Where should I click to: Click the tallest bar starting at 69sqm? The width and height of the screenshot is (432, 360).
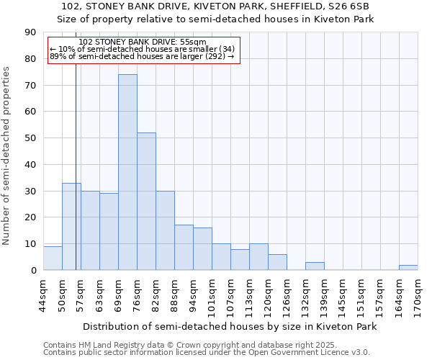[127, 172]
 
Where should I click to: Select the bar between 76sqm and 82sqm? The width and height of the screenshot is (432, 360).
[146, 202]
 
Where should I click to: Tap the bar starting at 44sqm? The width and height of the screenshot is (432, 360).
[53, 258]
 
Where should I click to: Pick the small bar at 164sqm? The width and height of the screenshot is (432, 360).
[408, 267]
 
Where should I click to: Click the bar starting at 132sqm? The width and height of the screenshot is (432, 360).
[315, 266]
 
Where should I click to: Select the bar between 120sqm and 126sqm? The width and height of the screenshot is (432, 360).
[277, 262]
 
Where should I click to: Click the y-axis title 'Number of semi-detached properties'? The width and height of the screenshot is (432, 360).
[7, 156]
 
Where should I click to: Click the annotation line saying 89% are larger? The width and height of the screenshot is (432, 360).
[143, 56]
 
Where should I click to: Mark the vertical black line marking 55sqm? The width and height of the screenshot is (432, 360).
[76, 180]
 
